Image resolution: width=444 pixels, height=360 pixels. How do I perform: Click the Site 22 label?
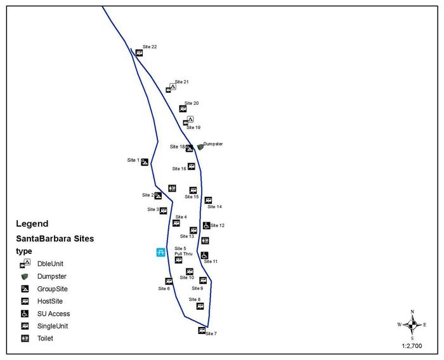coord(150,47)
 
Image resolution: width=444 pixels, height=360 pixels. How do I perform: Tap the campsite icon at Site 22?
coord(139,53)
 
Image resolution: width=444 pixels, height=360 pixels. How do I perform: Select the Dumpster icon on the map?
coord(200,147)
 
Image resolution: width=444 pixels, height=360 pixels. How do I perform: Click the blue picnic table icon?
coord(161,253)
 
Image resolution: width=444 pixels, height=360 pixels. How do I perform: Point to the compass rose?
coord(412,325)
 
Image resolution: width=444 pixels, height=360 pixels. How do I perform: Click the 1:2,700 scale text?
coord(412,347)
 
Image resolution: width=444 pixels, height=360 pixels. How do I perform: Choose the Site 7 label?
coord(211,333)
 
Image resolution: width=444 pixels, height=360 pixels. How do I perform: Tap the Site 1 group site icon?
coord(145,162)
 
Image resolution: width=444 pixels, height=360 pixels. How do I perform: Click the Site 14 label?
coord(215,206)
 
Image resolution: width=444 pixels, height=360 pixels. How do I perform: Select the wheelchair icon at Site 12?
coord(206,225)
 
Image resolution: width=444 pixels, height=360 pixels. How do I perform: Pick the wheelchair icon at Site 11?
coord(204,255)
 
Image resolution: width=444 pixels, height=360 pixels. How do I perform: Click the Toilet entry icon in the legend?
coord(25,338)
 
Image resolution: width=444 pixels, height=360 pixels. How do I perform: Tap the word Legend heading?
coord(32,223)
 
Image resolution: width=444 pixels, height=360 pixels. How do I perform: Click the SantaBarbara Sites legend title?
coord(55,239)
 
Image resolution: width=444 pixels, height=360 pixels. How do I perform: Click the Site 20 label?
coord(192,103)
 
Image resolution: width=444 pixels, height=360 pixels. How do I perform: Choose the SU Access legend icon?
coord(25,314)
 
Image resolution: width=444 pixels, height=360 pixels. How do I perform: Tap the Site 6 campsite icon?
coord(169,281)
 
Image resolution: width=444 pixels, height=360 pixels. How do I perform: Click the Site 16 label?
coord(180,169)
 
